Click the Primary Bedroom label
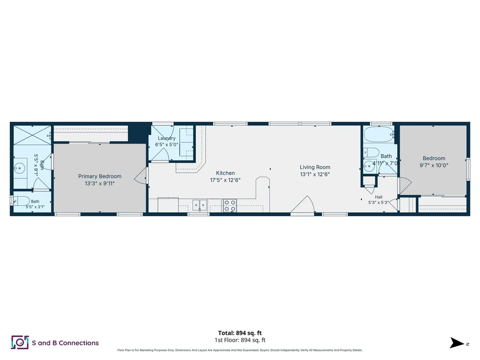pyautogui.click(x=100, y=176)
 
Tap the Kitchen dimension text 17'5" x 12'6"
pyautogui.click(x=225, y=180)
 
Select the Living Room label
pyautogui.click(x=315, y=167)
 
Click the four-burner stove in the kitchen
pyautogui.click(x=230, y=205)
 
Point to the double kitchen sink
pyautogui.click(x=200, y=205)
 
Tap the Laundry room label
pyautogui.click(x=166, y=138)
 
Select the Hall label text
pyautogui.click(x=379, y=197)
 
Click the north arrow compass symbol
pyautogui.click(x=457, y=343)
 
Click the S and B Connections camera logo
pyautogui.click(x=20, y=343)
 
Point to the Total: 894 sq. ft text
pyautogui.click(x=240, y=333)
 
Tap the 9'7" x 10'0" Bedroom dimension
pyautogui.click(x=434, y=165)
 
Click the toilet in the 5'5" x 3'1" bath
pyautogui.click(x=21, y=201)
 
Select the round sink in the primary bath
pyautogui.click(x=20, y=168)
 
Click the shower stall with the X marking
pyautogui.click(x=32, y=135)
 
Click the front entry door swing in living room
pyautogui.click(x=303, y=204)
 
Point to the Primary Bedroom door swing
pyautogui.click(x=141, y=176)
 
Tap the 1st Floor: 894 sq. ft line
pyautogui.click(x=240, y=340)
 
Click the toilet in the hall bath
pyautogui.click(x=371, y=152)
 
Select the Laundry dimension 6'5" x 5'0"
pyautogui.click(x=166, y=145)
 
